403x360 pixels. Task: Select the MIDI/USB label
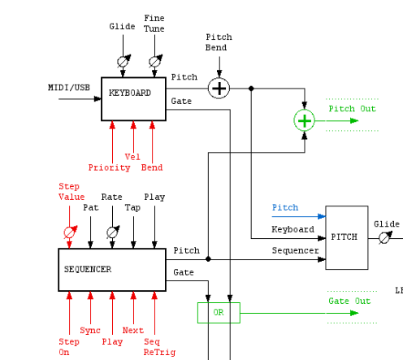(69, 88)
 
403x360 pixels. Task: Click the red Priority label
(109, 167)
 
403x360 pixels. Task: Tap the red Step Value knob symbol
(70, 232)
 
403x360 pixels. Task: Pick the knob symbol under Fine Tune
(155, 61)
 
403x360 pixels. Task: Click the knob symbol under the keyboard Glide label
(123, 61)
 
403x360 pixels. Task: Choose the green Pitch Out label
(352, 109)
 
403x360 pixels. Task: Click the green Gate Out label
(349, 301)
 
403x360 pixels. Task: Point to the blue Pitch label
(285, 207)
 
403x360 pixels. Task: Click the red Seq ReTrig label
(159, 347)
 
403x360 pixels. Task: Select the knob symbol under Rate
(113, 232)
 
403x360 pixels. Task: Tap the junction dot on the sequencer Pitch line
(208, 259)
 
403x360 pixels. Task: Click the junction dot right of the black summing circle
(251, 89)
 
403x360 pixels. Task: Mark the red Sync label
(90, 330)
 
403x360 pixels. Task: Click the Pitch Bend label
(219, 42)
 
